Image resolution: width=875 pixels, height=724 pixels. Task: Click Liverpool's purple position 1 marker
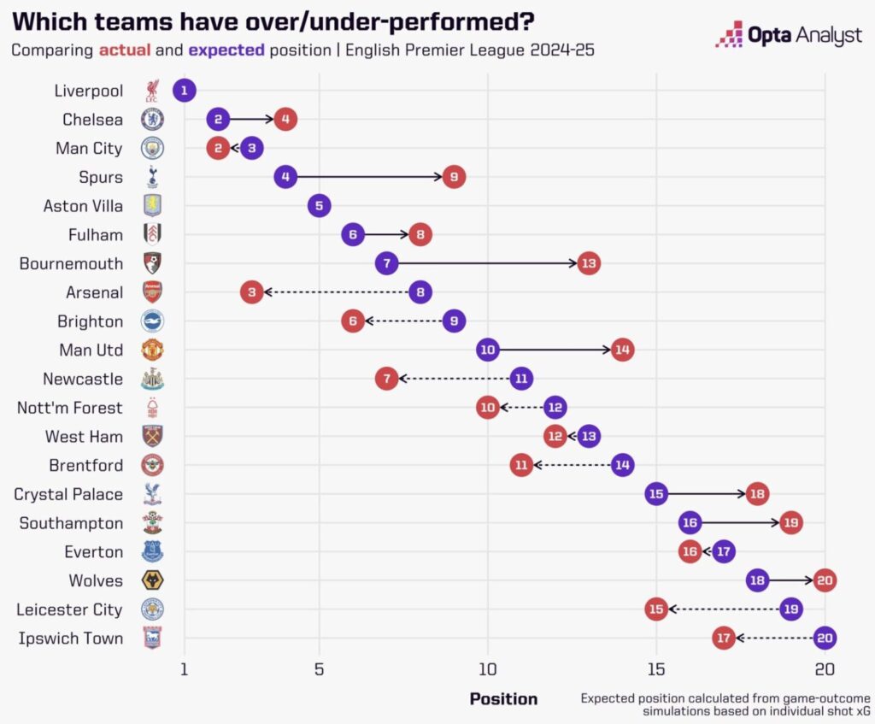(185, 91)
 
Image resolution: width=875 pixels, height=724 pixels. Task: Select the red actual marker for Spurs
(454, 177)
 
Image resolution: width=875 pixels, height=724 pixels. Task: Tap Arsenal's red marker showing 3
(251, 292)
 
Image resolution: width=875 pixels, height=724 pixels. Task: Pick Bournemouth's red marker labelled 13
(588, 263)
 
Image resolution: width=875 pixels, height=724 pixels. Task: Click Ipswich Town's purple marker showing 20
(825, 638)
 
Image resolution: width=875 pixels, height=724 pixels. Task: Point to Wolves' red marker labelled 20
(825, 580)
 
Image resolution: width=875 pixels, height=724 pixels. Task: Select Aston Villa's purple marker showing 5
(319, 206)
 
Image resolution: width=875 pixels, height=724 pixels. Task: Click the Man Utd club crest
(152, 350)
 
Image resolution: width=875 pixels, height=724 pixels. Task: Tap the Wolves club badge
(152, 580)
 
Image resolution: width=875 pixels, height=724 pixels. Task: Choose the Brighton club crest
(152, 321)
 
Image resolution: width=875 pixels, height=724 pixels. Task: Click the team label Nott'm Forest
(70, 408)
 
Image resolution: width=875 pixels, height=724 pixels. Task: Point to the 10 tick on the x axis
(488, 668)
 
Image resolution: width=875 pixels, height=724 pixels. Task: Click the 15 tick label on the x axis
(655, 668)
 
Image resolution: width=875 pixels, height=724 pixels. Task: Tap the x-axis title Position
(503, 699)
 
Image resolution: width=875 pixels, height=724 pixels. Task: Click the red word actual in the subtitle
(124, 50)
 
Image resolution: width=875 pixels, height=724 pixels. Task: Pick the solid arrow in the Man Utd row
(555, 350)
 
